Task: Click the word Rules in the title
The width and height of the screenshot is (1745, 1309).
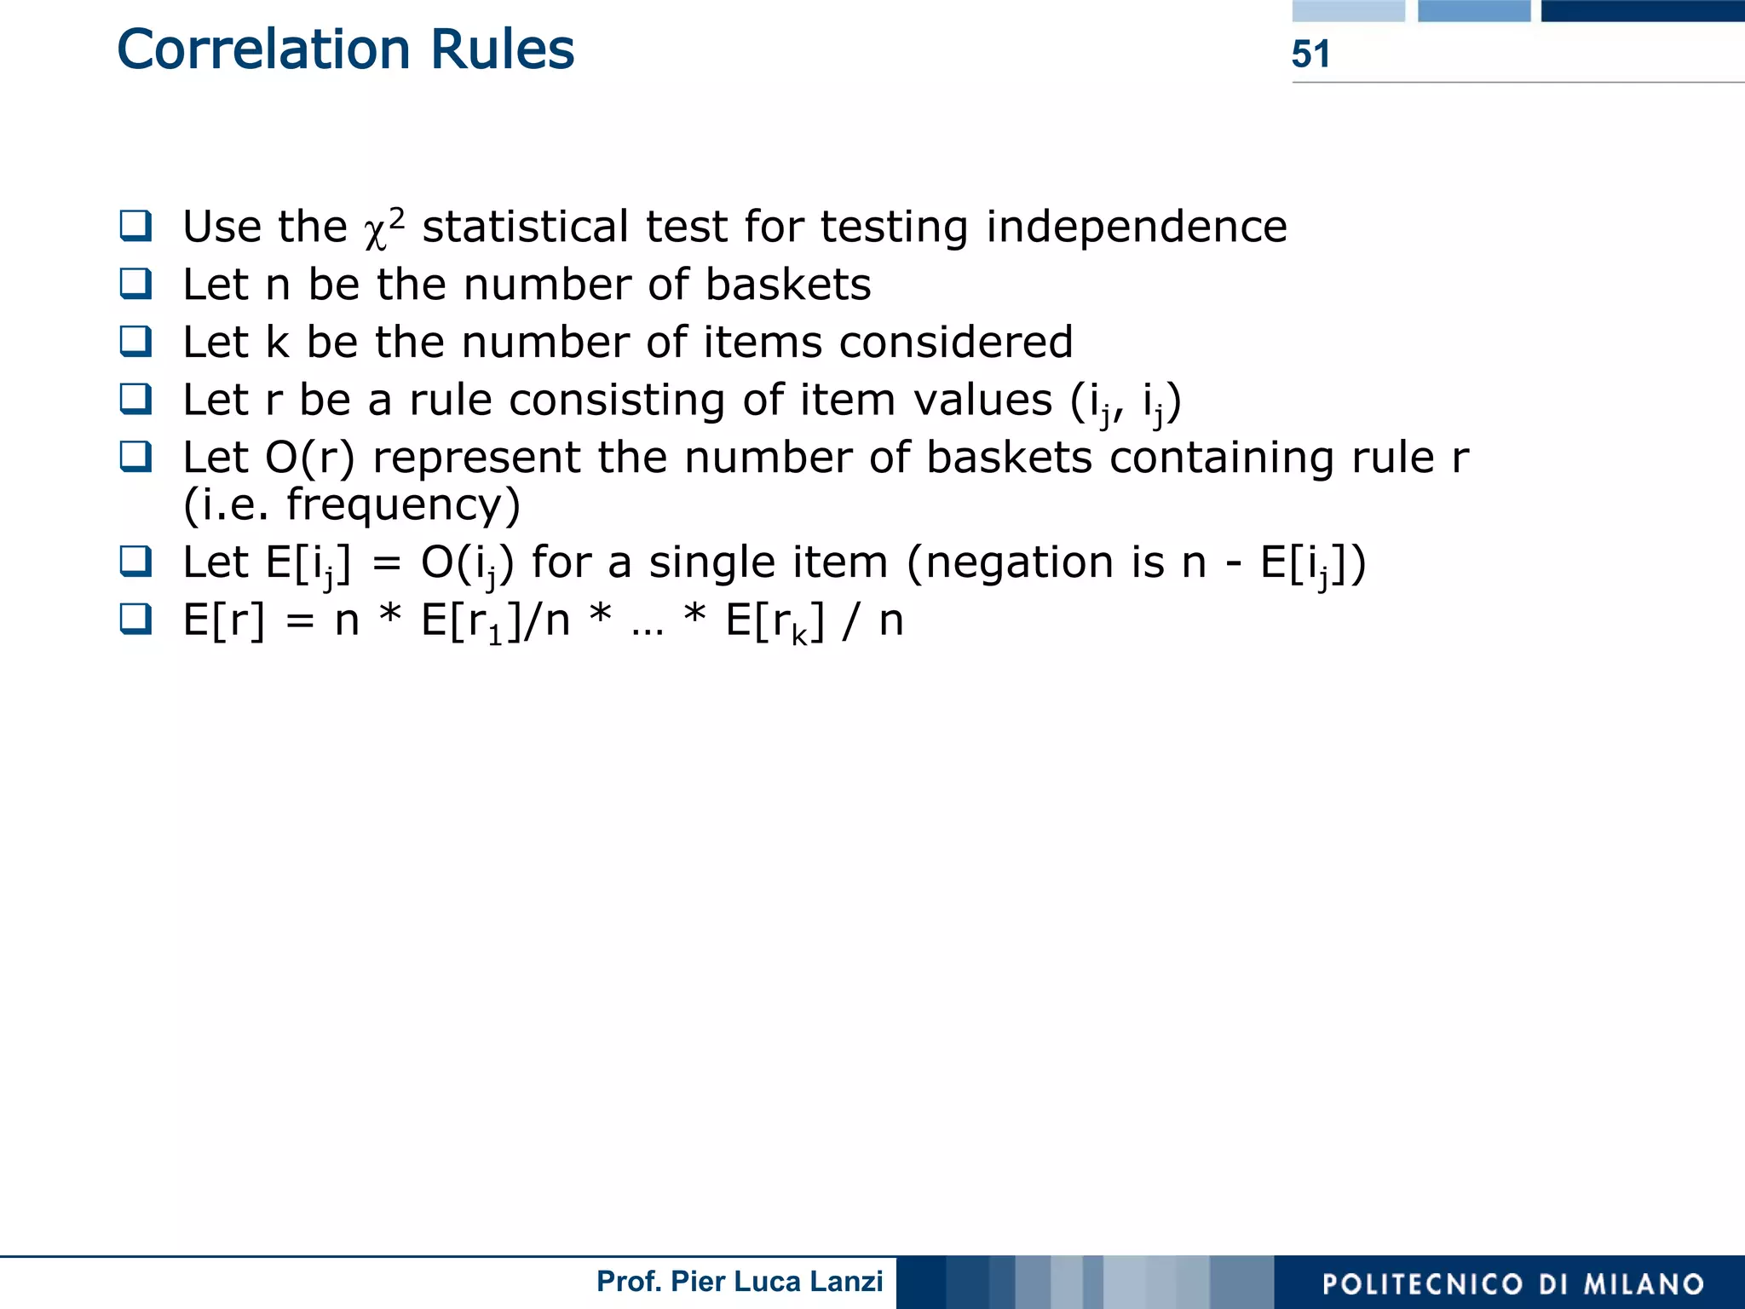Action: point(502,49)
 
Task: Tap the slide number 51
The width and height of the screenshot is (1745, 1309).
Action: point(1310,55)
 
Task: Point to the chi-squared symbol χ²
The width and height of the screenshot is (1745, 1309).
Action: point(383,228)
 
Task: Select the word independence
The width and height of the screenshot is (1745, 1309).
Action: point(1136,228)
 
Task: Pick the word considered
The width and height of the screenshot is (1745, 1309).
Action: point(955,343)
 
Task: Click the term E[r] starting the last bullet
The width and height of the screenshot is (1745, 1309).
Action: point(224,620)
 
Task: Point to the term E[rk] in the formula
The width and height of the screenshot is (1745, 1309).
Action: point(774,622)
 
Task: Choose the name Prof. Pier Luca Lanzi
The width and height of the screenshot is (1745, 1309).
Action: point(740,1282)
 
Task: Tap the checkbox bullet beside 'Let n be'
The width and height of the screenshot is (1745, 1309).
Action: point(136,284)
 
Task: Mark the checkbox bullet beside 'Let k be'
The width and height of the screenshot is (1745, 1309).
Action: point(136,342)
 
